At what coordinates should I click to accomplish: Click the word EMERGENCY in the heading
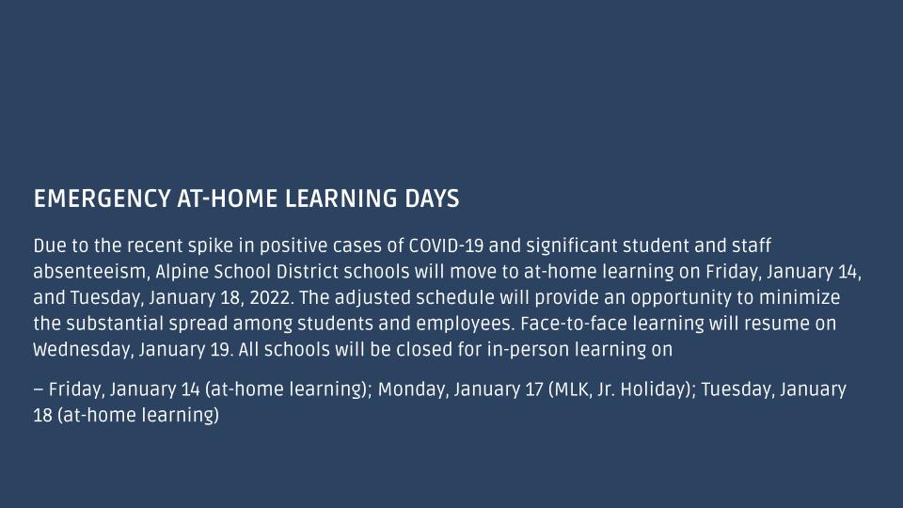pos(102,198)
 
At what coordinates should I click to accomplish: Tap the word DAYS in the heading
pos(432,198)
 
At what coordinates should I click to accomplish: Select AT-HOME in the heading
pos(228,198)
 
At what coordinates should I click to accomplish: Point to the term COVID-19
pos(446,246)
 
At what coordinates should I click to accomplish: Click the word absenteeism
pos(90,272)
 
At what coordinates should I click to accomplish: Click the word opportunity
pos(692,299)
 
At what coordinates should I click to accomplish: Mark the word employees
pos(466,325)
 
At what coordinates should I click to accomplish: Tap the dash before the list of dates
pos(39,389)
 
